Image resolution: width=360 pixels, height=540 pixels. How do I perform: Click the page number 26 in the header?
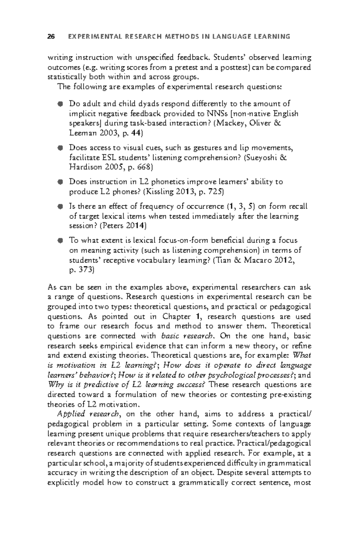[51, 37]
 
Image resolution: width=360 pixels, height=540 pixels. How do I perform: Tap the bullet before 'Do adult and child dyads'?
[60, 104]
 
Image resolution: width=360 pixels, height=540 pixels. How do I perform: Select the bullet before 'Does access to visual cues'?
[60, 148]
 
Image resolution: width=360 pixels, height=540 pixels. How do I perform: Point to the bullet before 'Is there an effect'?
[60, 207]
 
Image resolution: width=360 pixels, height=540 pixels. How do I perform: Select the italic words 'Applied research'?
[88, 414]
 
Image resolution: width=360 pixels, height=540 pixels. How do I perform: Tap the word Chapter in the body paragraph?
[176, 316]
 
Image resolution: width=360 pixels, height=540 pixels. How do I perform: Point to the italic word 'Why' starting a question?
[54, 385]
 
